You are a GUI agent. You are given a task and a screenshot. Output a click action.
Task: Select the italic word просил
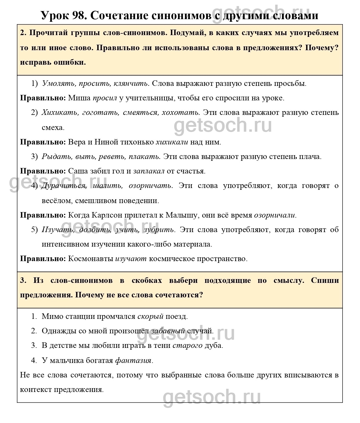point(105,98)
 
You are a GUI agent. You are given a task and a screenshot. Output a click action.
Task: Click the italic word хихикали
point(172,142)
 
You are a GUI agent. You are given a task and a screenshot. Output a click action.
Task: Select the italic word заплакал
point(149,171)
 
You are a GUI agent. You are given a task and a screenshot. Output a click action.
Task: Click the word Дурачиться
point(64,186)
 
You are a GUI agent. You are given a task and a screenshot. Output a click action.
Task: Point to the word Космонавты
point(91,259)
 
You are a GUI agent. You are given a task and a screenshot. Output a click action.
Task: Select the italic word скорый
point(150,316)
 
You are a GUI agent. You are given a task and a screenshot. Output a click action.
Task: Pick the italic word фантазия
point(133,361)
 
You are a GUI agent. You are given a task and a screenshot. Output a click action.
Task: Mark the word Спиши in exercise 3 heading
point(325,281)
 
